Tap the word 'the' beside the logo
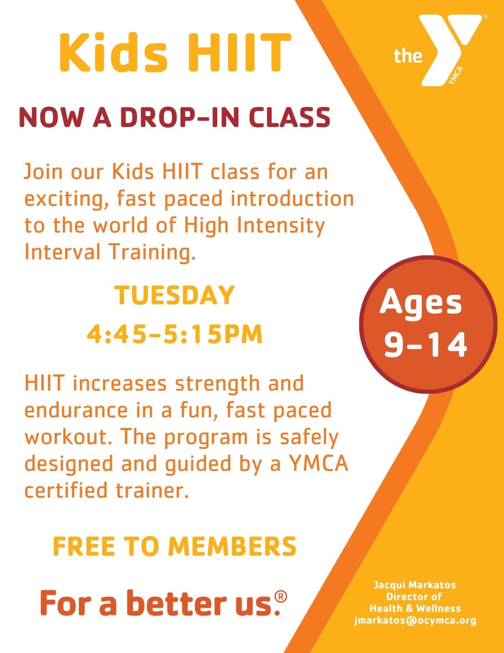point(407,56)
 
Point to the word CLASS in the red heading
point(289,117)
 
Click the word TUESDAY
point(174,295)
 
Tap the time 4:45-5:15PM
point(175,334)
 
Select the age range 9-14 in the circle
point(425,345)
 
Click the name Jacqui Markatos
point(415,585)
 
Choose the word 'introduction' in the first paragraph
point(292,199)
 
